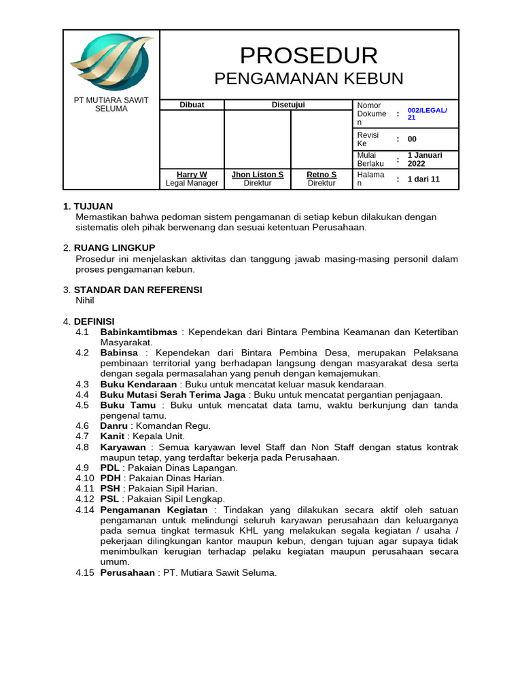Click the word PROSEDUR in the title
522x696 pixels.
(309, 55)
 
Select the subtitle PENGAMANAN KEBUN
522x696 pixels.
(309, 79)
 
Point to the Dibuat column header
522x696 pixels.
(192, 105)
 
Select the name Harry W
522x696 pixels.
(192, 175)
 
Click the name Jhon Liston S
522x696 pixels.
(258, 175)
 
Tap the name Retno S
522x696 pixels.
(321, 175)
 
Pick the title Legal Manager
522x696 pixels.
(192, 184)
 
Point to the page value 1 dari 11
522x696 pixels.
(423, 179)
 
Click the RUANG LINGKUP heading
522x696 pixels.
(114, 248)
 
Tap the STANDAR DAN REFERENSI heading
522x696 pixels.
(138, 290)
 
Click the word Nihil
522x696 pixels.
(85, 300)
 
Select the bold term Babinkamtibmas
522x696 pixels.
(139, 332)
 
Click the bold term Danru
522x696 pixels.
(114, 425)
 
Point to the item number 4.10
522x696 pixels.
(85, 478)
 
